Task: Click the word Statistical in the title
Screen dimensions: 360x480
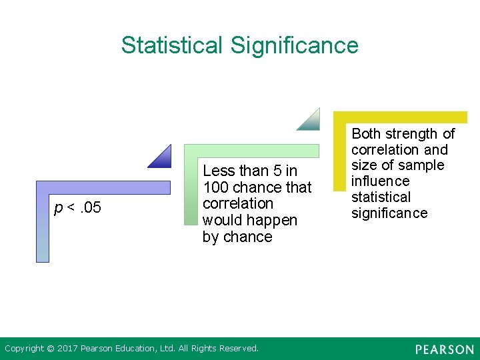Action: (172, 45)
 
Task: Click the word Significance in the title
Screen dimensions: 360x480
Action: (294, 45)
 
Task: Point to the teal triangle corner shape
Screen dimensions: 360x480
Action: (311, 121)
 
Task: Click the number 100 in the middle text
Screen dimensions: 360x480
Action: (215, 187)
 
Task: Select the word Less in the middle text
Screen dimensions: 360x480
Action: (218, 171)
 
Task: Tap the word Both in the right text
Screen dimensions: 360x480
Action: (367, 133)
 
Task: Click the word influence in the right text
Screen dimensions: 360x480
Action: (380, 181)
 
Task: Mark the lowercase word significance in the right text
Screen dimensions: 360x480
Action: (389, 213)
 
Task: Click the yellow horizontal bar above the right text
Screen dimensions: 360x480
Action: (400, 117)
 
